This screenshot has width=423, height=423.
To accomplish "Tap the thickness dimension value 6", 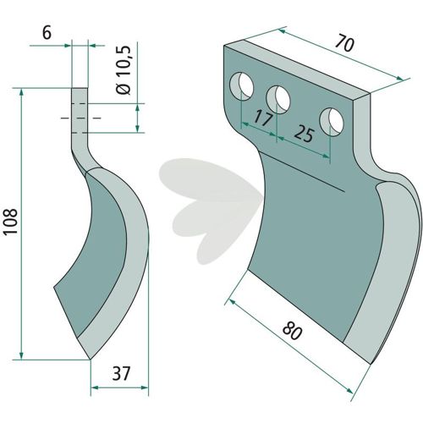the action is coord(47,33).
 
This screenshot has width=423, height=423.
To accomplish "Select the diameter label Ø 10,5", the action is coord(124,70).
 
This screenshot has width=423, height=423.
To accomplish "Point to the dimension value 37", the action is coord(122,373).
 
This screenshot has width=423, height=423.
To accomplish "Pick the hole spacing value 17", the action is coord(263,118).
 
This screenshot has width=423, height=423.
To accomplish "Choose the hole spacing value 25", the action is coord(304,135).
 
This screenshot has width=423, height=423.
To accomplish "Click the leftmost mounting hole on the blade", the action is coord(242,85).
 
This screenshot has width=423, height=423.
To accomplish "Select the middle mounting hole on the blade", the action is coord(278,100).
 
